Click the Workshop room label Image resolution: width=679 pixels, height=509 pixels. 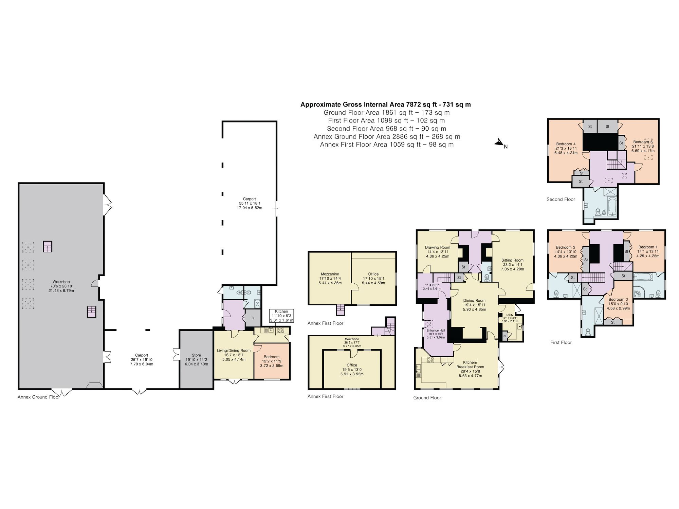(x=61, y=286)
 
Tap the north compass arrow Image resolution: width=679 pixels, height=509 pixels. (x=499, y=143)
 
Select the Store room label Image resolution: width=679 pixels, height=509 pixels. (x=196, y=359)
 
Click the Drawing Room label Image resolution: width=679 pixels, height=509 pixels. (x=438, y=252)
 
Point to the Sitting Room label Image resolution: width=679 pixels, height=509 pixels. (x=512, y=265)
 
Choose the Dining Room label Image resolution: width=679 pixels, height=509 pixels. (x=474, y=305)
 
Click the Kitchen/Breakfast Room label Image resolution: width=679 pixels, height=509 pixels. (x=470, y=369)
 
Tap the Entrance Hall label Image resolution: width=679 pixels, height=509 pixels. (x=436, y=334)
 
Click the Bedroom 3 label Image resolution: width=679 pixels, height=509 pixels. (x=618, y=304)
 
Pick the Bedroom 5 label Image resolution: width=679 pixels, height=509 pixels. (x=643, y=146)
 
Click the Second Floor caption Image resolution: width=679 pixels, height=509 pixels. (x=561, y=200)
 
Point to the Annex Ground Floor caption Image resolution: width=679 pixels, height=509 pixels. (x=38, y=397)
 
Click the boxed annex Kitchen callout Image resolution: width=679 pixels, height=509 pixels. (x=281, y=316)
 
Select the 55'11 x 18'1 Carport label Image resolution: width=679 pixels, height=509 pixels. (x=249, y=203)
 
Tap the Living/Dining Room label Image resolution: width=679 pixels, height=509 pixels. (x=234, y=355)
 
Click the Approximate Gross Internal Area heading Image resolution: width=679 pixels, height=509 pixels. (x=385, y=105)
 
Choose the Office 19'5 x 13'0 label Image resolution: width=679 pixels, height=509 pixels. (x=352, y=370)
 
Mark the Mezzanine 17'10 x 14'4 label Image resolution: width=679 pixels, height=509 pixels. (x=330, y=278)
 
